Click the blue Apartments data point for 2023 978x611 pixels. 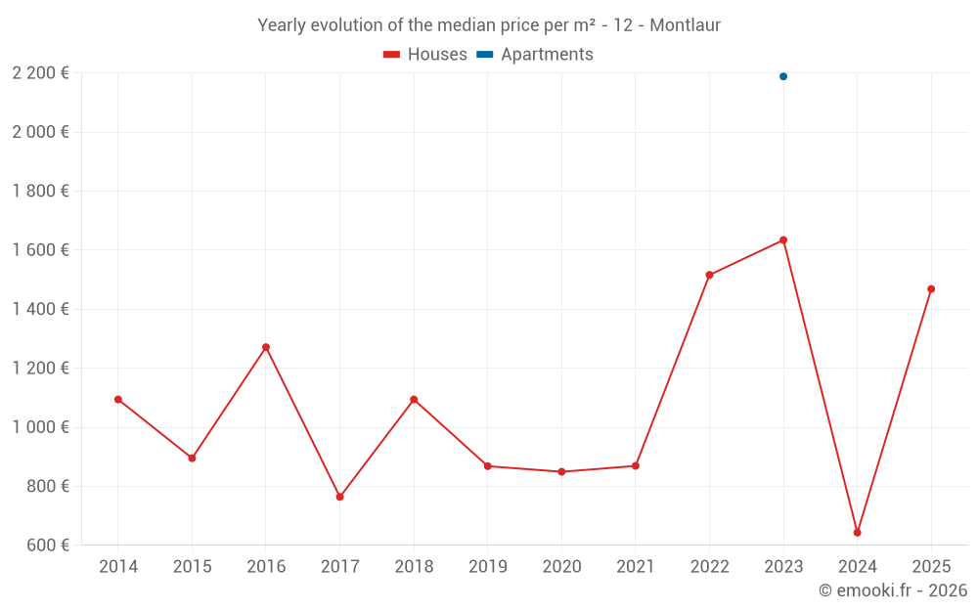[783, 76]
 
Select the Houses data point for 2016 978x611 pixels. [266, 347]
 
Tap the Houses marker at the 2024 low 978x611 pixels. [857, 533]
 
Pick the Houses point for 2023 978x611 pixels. [783, 240]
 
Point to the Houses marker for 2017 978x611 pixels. [339, 497]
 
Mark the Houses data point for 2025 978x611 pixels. [931, 289]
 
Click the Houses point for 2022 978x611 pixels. [709, 275]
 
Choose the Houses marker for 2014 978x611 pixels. [118, 399]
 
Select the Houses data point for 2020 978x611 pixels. [561, 471]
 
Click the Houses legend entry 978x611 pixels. [425, 55]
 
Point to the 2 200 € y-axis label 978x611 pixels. [40, 72]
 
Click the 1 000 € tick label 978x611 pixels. [40, 427]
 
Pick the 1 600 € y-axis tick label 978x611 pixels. [40, 250]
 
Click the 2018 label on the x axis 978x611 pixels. [414, 567]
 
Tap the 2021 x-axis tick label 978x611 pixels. [635, 567]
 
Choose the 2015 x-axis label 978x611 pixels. [192, 567]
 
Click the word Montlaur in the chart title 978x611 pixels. [685, 25]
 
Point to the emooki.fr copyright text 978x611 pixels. [893, 590]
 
